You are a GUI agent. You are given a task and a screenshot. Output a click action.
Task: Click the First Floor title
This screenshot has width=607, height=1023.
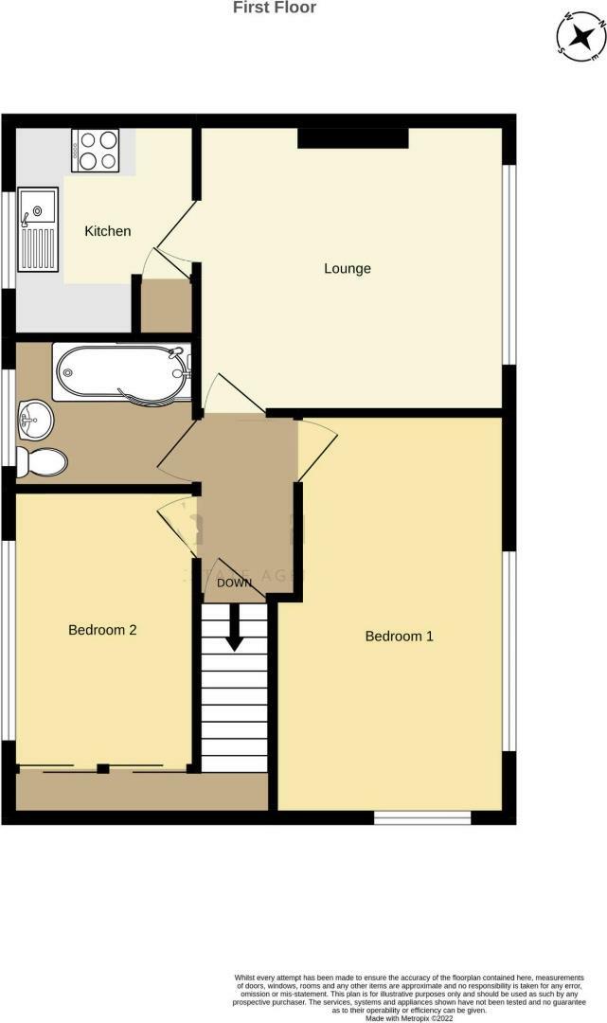(275, 8)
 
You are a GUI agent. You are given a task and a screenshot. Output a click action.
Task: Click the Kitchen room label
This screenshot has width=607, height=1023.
(107, 231)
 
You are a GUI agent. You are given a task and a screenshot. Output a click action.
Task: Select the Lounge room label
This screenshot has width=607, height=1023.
(348, 269)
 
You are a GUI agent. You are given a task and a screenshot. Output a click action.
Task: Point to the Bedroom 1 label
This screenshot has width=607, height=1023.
(399, 637)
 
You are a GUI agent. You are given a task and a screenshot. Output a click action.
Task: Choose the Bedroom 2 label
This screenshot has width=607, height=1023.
(102, 629)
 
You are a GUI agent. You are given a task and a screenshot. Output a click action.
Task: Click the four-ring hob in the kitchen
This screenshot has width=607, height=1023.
(96, 151)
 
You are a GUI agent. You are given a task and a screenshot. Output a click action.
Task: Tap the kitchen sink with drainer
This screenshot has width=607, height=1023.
(39, 233)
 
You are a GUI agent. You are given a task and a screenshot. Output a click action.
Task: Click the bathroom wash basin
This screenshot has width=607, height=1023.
(35, 419)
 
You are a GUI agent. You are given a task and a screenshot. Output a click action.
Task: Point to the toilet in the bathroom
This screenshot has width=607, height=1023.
(43, 462)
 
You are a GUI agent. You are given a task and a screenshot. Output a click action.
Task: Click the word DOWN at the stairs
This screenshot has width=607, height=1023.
(234, 583)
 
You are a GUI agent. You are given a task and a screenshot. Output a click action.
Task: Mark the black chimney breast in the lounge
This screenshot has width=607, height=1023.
(352, 138)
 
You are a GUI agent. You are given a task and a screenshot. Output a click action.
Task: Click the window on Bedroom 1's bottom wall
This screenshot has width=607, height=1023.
(422, 817)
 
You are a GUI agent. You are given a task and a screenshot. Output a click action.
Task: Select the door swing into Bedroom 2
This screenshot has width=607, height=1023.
(178, 524)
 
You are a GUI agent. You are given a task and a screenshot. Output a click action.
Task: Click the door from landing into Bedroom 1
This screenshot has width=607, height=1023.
(315, 448)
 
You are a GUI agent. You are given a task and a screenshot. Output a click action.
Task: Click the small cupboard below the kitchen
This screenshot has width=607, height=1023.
(165, 306)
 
